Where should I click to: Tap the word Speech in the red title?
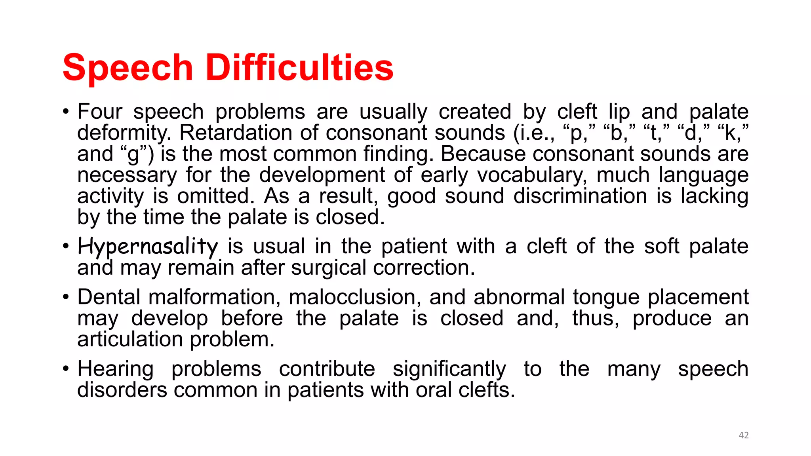click(128, 68)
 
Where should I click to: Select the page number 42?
click(744, 435)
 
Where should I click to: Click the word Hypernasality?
click(147, 247)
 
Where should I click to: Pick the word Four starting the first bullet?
click(100, 111)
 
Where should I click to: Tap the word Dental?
click(109, 297)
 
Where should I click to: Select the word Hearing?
click(115, 369)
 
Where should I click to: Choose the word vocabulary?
click(532, 175)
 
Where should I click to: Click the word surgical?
click(328, 268)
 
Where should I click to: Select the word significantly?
click(449, 369)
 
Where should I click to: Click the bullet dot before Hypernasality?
click(66, 246)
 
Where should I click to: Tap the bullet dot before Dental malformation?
click(66, 297)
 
